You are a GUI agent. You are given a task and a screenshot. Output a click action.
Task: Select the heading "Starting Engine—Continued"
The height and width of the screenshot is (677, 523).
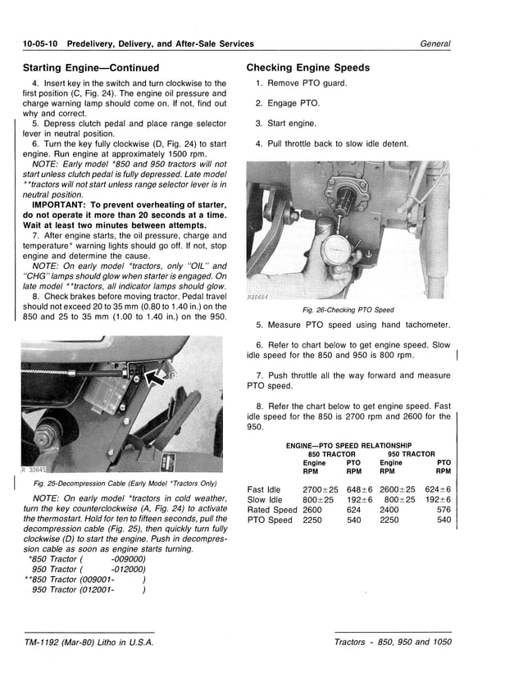(x=90, y=67)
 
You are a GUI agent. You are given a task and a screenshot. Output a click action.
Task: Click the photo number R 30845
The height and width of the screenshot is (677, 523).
(x=35, y=470)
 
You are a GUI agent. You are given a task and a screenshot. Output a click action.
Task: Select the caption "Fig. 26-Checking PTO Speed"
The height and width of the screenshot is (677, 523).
(x=348, y=310)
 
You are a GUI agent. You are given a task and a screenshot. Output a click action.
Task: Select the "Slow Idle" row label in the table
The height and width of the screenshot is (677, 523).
(x=265, y=499)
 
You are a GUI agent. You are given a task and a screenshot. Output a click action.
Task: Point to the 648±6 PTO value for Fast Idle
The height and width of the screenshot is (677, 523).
(x=359, y=489)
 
